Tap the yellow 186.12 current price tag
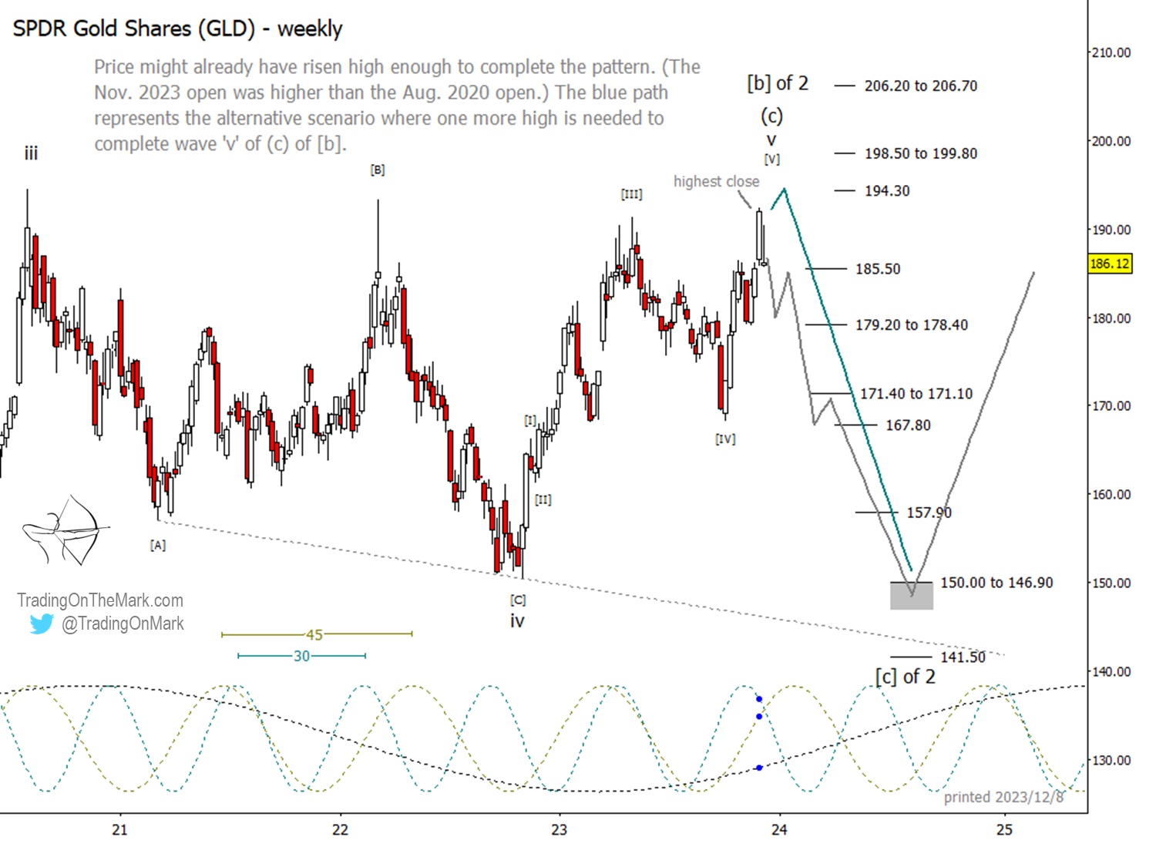click(1109, 264)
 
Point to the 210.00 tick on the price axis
click(1111, 52)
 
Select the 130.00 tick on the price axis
click(1111, 760)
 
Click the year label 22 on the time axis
click(340, 830)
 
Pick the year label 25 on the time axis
click(1003, 830)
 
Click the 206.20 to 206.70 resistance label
click(920, 86)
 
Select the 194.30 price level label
click(886, 190)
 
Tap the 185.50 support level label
click(877, 269)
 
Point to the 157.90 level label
click(929, 513)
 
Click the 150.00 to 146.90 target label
click(996, 583)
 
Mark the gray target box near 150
click(911, 596)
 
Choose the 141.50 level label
click(962, 657)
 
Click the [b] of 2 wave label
click(777, 83)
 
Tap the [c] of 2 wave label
click(905, 677)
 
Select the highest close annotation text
click(716, 181)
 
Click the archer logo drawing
click(66, 530)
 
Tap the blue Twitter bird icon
click(41, 624)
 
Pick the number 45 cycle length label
click(314, 634)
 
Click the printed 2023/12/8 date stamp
click(1003, 797)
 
